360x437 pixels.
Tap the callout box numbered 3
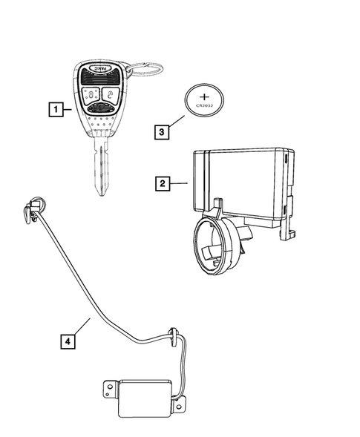(x=160, y=131)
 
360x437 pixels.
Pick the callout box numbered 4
(x=68, y=341)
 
